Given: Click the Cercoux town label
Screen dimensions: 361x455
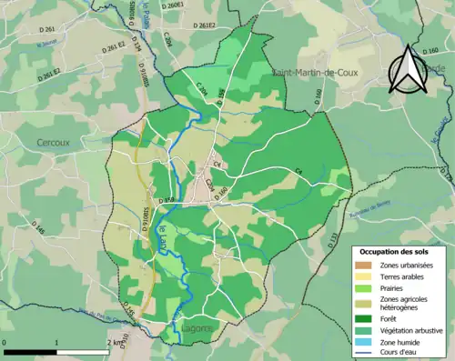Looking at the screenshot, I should (x=53, y=143).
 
